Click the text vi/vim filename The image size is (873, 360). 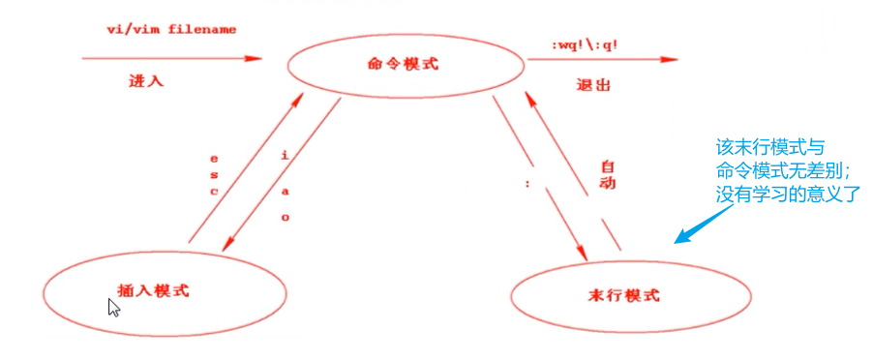(171, 29)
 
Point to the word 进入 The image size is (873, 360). (146, 81)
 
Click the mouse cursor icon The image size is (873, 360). (113, 308)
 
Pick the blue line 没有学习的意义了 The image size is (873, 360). (783, 193)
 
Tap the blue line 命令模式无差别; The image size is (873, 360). (776, 171)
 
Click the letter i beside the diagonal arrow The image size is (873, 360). (284, 155)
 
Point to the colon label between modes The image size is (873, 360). (527, 183)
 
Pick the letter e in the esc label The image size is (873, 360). (213, 156)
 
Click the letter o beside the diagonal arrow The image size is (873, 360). (285, 217)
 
